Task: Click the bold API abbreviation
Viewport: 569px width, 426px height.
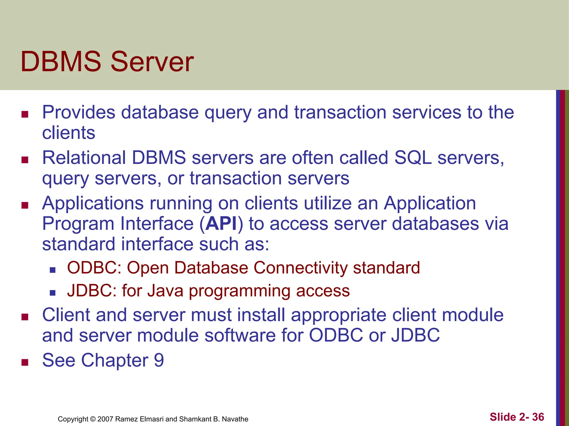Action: click(221, 224)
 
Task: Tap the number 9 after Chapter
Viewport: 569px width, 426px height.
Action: click(159, 360)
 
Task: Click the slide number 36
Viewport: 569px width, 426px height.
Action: click(538, 417)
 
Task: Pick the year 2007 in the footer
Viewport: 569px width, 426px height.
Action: click(105, 419)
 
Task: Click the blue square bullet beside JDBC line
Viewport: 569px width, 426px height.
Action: click(53, 293)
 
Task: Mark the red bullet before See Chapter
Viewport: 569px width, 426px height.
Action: click(25, 362)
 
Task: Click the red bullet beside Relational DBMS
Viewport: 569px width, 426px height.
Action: click(25, 160)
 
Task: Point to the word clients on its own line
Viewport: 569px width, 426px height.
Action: click(69, 133)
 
